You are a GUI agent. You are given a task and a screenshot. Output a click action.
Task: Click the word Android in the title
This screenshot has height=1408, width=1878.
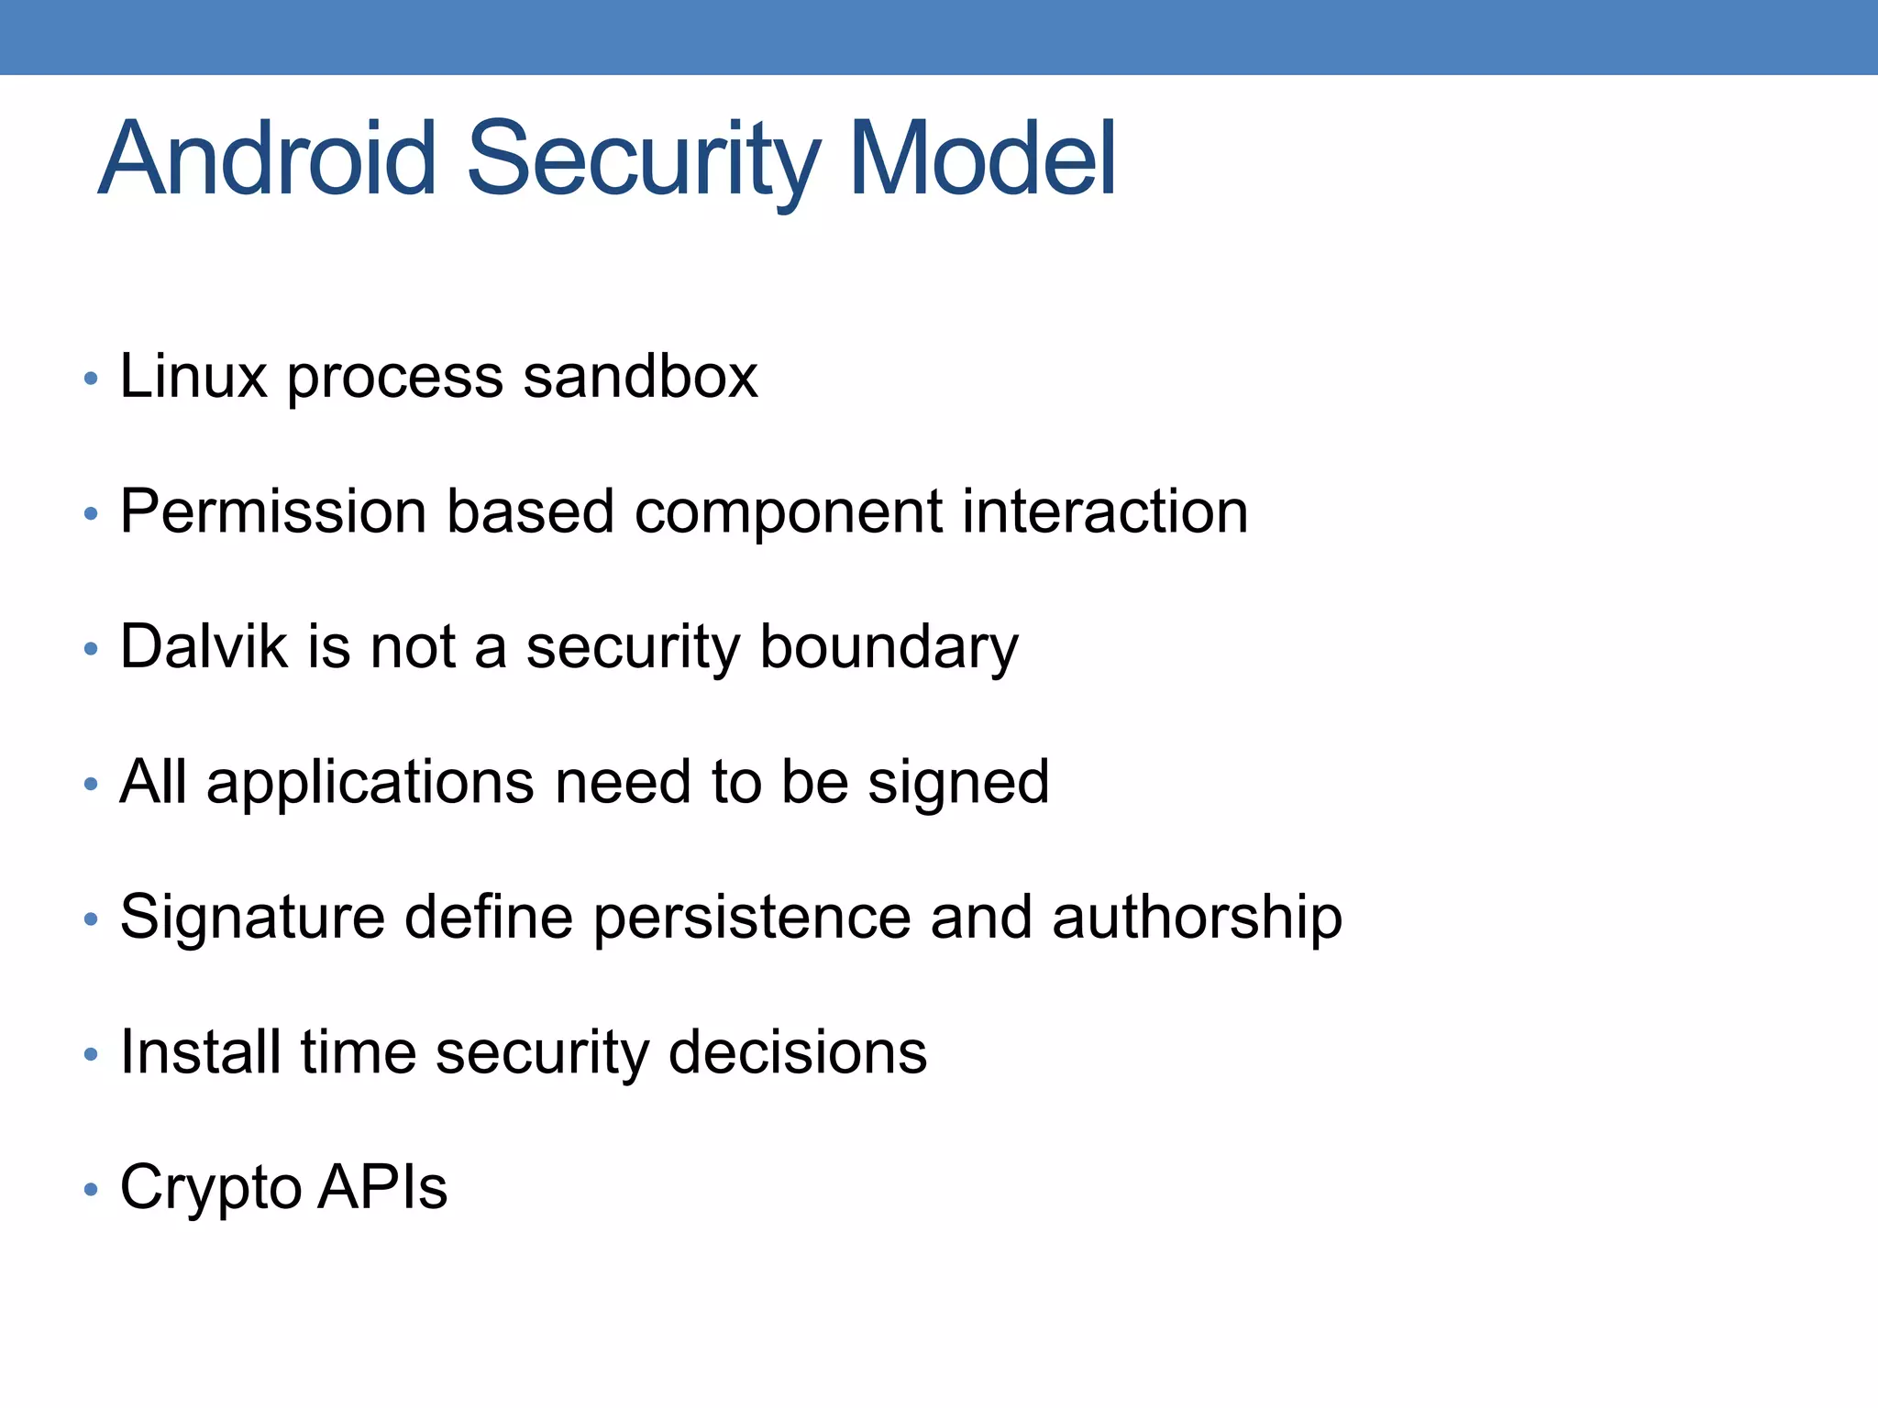click(x=267, y=159)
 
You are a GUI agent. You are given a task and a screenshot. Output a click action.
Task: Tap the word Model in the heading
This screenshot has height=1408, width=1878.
click(x=982, y=159)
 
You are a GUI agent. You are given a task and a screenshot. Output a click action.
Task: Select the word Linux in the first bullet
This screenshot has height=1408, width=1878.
click(x=193, y=376)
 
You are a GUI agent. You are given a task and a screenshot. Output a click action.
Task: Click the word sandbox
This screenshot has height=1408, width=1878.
click(x=640, y=376)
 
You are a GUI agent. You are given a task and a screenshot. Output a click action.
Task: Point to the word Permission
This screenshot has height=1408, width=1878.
click(x=273, y=511)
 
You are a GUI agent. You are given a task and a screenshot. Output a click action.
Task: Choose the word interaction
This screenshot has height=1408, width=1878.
click(x=1104, y=511)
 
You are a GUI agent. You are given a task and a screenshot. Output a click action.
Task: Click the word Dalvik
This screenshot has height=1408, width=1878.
click(x=204, y=646)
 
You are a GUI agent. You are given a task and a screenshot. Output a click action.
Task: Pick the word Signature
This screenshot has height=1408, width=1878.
click(x=252, y=918)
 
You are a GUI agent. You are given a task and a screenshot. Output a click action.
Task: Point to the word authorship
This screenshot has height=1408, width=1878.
click(x=1197, y=918)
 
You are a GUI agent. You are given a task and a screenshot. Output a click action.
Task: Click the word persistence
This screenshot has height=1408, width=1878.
click(x=752, y=918)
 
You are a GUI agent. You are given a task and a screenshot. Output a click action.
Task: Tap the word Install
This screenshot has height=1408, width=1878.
click(x=200, y=1051)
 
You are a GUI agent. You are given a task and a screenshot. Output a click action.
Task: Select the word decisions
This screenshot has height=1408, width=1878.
click(x=797, y=1051)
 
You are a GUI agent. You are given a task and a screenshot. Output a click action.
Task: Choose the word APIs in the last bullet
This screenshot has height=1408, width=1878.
click(x=382, y=1187)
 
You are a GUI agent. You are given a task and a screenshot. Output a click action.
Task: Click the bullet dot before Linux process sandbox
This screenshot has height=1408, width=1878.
click(x=90, y=378)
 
